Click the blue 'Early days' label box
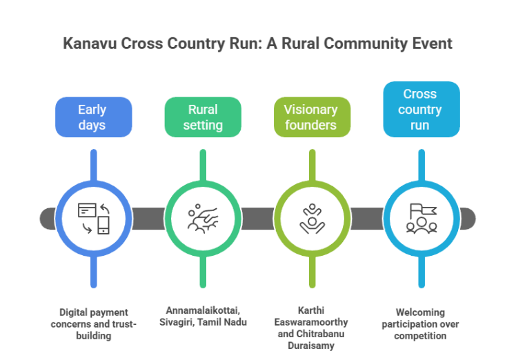point(92,117)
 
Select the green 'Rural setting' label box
point(203,117)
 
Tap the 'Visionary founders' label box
point(311,117)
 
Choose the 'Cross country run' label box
point(421,109)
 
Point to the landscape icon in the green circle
point(203,218)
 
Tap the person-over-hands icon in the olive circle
point(312,218)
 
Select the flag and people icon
point(421,218)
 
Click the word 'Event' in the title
point(432,44)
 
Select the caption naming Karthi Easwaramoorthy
point(312,328)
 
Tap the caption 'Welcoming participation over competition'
point(421,323)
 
